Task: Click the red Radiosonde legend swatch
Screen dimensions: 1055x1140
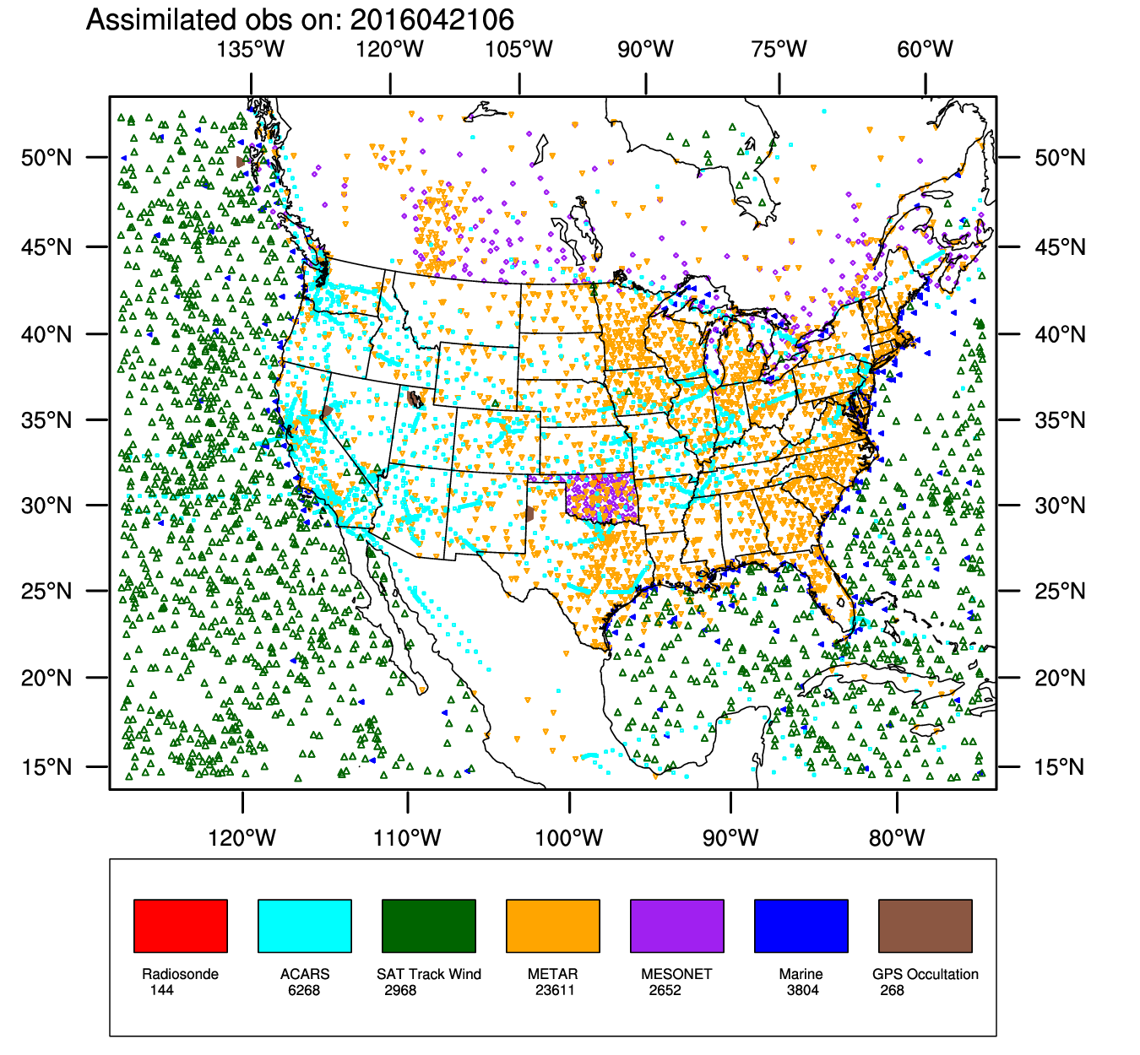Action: (x=181, y=925)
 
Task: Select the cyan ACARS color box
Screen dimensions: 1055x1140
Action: (x=305, y=925)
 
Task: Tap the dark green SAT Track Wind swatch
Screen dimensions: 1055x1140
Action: (x=429, y=925)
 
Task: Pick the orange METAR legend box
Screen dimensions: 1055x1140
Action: (x=553, y=925)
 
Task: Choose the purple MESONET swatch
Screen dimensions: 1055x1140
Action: (x=677, y=925)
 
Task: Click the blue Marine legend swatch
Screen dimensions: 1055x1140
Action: (x=801, y=925)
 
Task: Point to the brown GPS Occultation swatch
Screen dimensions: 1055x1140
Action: (x=926, y=925)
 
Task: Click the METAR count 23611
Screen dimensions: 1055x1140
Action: (x=555, y=990)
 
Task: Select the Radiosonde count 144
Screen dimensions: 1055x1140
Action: (x=162, y=990)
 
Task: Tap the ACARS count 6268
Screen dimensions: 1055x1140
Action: (x=304, y=990)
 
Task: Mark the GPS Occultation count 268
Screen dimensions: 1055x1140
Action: (x=892, y=990)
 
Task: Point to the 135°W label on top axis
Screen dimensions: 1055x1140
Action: (x=251, y=49)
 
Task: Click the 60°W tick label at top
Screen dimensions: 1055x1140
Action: (x=926, y=49)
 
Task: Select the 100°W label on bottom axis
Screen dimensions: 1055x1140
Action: (x=569, y=838)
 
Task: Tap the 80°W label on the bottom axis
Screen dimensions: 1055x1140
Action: (x=897, y=838)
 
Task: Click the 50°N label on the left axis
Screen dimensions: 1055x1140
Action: (x=47, y=157)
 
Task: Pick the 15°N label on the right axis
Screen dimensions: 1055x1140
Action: (x=1060, y=767)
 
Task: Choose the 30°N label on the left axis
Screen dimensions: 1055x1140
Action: (x=47, y=506)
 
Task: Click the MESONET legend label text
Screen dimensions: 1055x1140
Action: (x=676, y=974)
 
